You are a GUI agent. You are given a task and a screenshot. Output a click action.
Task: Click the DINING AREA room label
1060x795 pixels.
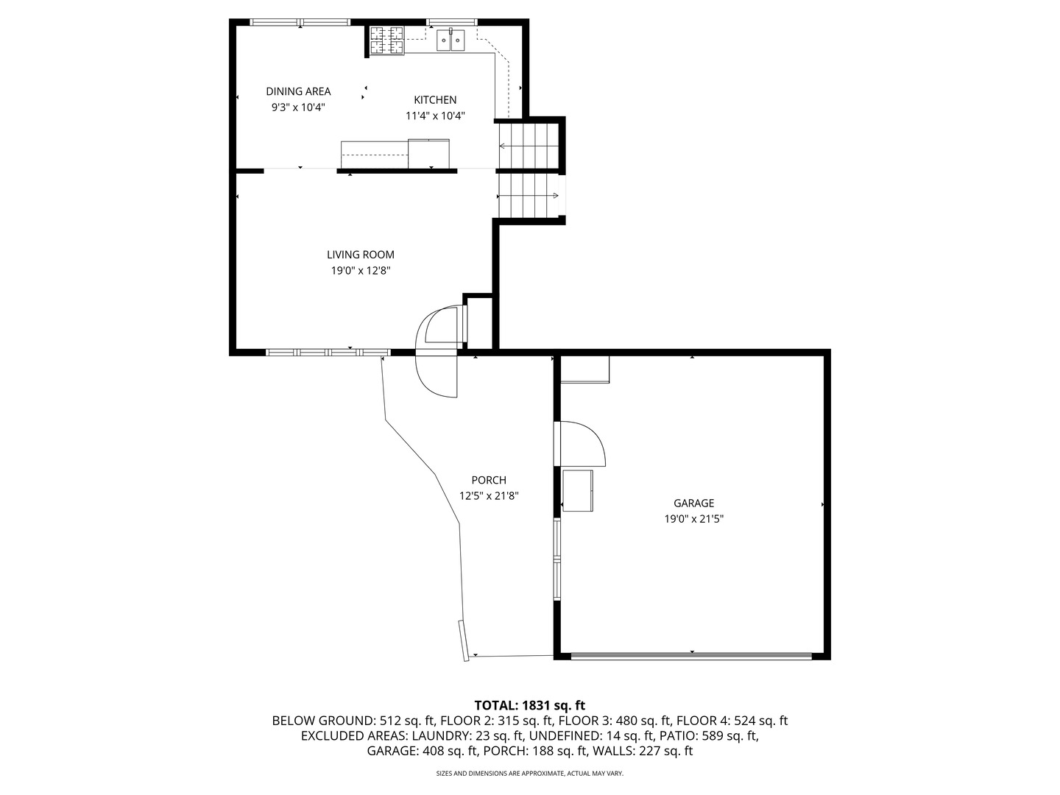pos(298,91)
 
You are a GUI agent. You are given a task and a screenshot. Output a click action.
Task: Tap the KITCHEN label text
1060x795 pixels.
pos(434,100)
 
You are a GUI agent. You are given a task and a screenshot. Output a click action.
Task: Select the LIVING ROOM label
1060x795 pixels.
pos(360,255)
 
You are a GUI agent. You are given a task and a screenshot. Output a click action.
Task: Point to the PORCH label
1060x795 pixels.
pos(489,480)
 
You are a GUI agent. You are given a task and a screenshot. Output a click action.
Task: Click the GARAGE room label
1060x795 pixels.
pos(693,503)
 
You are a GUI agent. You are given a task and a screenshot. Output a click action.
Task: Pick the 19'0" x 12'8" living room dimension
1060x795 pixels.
pos(360,270)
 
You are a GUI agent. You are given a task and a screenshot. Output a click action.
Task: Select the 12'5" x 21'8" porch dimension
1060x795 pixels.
pos(489,495)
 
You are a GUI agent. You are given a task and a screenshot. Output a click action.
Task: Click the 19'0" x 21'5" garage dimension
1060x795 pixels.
pos(693,519)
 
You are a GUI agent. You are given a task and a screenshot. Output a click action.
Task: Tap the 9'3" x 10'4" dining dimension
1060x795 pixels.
pos(298,107)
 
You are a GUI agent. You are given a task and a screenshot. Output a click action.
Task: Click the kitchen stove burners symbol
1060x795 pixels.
pos(386,40)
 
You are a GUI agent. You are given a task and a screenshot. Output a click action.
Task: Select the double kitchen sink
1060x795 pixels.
pos(451,40)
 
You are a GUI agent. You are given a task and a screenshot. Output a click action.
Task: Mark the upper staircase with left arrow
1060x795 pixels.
pos(529,145)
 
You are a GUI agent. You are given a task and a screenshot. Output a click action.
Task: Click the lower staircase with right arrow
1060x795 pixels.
pos(529,196)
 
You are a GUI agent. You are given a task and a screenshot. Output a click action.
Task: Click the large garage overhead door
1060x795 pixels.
pos(691,656)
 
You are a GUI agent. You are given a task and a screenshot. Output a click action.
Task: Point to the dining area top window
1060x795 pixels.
pos(300,22)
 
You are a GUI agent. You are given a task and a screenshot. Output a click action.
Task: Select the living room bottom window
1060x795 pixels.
pos(328,353)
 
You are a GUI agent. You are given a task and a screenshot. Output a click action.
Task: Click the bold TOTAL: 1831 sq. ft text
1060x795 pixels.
pos(530,705)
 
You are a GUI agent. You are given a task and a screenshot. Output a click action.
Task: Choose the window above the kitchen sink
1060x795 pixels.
pos(452,22)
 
